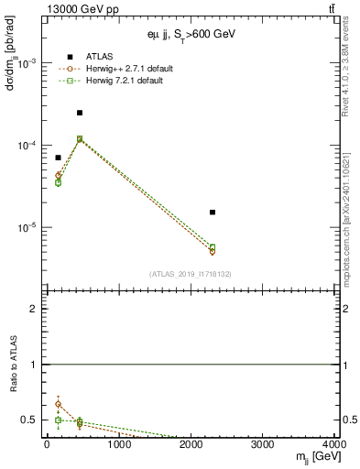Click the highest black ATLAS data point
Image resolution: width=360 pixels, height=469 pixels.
pyautogui.click(x=80, y=113)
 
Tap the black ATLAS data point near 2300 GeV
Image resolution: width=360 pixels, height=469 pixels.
pyautogui.click(x=213, y=213)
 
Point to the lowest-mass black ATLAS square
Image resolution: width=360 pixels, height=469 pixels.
pyautogui.click(x=58, y=158)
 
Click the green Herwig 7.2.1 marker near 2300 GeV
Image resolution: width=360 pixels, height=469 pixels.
pyautogui.click(x=213, y=247)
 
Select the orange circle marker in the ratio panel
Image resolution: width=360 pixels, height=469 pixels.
pyautogui.click(x=58, y=404)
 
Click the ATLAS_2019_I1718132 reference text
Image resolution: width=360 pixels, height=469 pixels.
pyautogui.click(x=191, y=274)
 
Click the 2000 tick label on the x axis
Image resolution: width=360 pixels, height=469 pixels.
pyautogui.click(x=192, y=444)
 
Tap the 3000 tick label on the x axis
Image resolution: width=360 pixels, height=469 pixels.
pyautogui.click(x=265, y=444)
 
